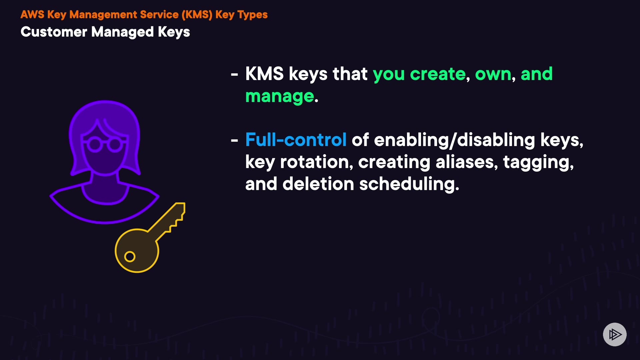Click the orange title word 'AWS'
pyautogui.click(x=32, y=15)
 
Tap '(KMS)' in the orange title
pyautogui.click(x=197, y=15)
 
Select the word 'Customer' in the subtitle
pyautogui.click(x=54, y=32)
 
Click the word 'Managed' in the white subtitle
pyautogui.click(x=122, y=32)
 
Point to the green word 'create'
pyautogui.click(x=437, y=74)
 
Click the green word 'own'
pyautogui.click(x=493, y=74)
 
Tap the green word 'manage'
pyautogui.click(x=280, y=97)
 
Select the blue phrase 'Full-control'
pyautogui.click(x=296, y=140)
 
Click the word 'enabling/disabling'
pyautogui.click(x=454, y=140)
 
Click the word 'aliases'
pyautogui.click(x=466, y=162)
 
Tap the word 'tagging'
pyautogui.click(x=538, y=163)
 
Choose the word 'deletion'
pyautogui.click(x=318, y=184)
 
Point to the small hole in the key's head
pyautogui.click(x=130, y=257)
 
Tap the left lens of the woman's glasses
pyautogui.click(x=95, y=145)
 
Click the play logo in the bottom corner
pyautogui.click(x=615, y=334)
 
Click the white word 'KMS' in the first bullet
pyautogui.click(x=264, y=74)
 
